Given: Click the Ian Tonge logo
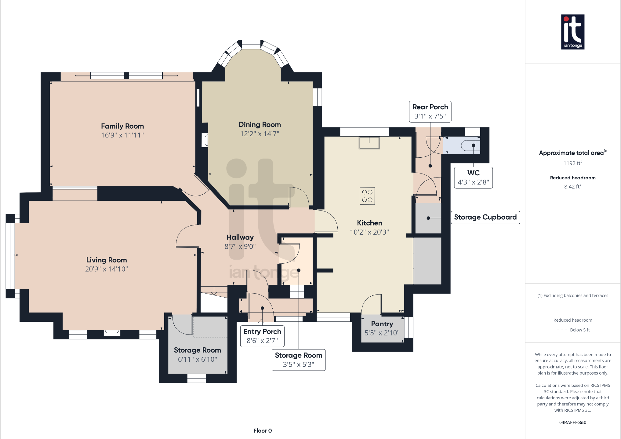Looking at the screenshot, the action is (x=573, y=32).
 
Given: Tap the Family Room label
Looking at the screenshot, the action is (x=122, y=126).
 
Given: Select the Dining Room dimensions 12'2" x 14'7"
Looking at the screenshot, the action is (x=260, y=134).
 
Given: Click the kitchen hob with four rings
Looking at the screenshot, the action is (x=367, y=196).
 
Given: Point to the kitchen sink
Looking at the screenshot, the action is (x=369, y=143).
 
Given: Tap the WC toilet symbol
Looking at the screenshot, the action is (x=470, y=145).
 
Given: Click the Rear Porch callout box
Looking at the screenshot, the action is (x=430, y=112).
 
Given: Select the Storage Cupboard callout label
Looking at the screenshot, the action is (x=485, y=218).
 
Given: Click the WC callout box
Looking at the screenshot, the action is (x=473, y=178).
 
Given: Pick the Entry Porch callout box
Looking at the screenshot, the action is (x=262, y=336).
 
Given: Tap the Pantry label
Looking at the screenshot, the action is (x=382, y=324).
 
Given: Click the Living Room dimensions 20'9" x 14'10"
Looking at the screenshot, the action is (x=106, y=269).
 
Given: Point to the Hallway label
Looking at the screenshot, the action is (x=240, y=238).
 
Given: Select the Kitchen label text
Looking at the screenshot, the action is (x=369, y=223).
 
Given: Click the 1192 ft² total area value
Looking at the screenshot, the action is (x=573, y=163).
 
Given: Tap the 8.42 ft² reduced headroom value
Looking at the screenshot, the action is (x=573, y=186).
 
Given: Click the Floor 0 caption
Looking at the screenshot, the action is (x=263, y=431).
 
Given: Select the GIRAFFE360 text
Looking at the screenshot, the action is (x=573, y=423).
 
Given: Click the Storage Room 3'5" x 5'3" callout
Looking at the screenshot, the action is (x=299, y=360).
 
